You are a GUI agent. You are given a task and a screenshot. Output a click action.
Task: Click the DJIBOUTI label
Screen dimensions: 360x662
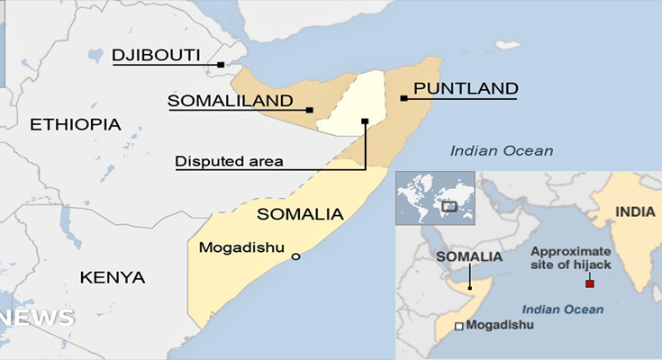pos(156,56)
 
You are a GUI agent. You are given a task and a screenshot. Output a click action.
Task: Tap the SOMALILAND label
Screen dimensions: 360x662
pos(231,101)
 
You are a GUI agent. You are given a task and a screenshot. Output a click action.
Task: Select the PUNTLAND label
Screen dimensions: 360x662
pos(465,88)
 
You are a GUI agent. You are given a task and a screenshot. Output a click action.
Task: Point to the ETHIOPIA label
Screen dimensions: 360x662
pos(76,124)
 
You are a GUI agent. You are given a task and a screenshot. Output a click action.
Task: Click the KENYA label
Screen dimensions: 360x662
pos(113,276)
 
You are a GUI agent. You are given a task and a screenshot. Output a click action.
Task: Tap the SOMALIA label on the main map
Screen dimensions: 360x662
pos(300,214)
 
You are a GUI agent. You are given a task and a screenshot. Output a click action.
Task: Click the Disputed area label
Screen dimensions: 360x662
pos(229,162)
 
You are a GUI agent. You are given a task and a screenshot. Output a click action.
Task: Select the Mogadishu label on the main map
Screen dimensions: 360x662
pos(241,247)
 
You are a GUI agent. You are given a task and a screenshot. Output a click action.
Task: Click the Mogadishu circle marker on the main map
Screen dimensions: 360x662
pos(295,257)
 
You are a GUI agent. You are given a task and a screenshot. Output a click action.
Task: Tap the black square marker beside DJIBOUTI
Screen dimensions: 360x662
pos(221,64)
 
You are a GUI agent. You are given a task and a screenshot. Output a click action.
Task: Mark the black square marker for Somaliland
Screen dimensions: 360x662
pos(310,110)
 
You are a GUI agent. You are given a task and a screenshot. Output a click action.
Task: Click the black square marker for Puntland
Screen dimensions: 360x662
pos(404,97)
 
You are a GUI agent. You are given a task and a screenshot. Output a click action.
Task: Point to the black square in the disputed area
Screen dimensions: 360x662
pos(365,121)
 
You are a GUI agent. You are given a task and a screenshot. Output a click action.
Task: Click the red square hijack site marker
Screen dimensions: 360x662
pos(590,284)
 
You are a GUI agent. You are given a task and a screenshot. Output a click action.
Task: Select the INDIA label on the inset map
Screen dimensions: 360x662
pos(634,212)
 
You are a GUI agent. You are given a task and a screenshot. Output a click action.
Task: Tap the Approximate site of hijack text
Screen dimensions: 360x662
pos(570,258)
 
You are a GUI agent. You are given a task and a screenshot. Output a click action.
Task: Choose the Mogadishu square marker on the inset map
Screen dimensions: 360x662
pos(460,326)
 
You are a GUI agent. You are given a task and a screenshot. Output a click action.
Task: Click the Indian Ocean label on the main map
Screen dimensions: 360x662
pos(502,151)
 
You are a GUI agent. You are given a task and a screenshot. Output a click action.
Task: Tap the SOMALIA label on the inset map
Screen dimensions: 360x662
pos(468,256)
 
